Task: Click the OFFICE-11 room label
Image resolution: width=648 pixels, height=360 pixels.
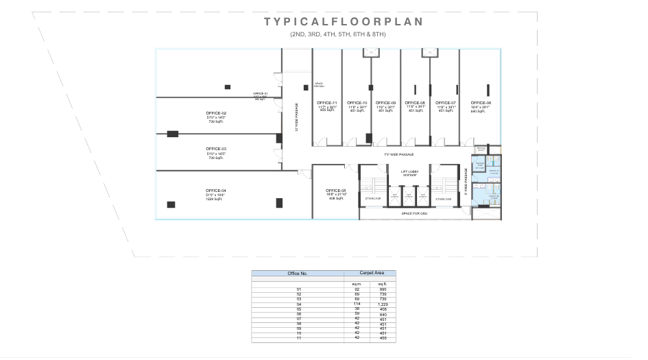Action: point(327,103)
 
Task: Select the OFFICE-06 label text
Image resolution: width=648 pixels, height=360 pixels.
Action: point(481,103)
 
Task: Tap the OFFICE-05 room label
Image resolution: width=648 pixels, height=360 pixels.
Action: point(335,190)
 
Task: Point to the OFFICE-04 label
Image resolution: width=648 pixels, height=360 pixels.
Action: point(215,191)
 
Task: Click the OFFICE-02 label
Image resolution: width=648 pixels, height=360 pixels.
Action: point(215,112)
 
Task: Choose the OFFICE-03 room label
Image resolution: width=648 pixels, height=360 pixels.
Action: point(215,148)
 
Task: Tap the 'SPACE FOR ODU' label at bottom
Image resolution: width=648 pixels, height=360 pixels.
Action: point(414,213)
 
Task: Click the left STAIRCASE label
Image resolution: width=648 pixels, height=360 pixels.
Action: point(373,199)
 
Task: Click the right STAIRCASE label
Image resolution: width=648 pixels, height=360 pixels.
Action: point(443,199)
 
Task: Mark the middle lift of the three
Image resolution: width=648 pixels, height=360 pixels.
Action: point(409,195)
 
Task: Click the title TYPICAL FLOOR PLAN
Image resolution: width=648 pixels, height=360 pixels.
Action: point(344,22)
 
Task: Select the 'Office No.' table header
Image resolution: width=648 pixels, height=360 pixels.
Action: point(297,274)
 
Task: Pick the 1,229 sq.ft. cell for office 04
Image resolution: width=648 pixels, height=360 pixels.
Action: point(382,304)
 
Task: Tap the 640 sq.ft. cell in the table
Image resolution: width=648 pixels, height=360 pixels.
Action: point(382,313)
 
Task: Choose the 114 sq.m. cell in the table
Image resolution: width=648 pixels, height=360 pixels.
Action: point(357,304)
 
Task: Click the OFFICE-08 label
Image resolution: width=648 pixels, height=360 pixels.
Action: point(415,103)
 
